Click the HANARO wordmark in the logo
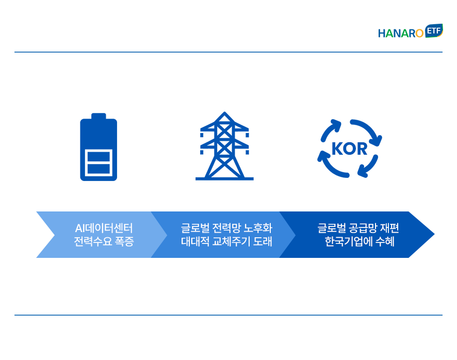click(401, 33)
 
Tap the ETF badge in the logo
click(434, 30)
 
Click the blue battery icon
click(99, 147)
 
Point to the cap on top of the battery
click(99, 116)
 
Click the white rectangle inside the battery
click(99, 162)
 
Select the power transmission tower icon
click(224, 146)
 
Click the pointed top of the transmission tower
click(224, 112)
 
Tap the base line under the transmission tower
click(224, 178)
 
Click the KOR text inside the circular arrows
click(349, 149)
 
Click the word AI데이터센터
click(104, 228)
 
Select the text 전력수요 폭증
click(104, 241)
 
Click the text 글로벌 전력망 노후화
click(226, 228)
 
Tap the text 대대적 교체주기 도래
click(226, 241)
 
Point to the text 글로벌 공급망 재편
click(358, 228)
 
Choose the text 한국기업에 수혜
click(360, 241)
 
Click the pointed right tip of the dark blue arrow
click(434, 234)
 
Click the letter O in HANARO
click(419, 34)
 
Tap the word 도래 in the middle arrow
click(263, 241)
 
